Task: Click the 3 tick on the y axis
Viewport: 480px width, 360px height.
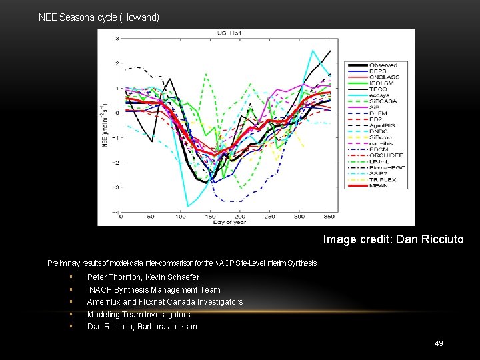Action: coord(117,39)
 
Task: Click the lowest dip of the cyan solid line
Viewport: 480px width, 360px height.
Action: coord(189,205)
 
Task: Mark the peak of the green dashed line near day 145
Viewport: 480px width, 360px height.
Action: coord(205,74)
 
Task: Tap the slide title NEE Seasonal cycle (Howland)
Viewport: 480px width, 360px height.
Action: coord(99,17)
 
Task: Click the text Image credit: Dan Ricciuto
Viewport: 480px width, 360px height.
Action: coord(393,239)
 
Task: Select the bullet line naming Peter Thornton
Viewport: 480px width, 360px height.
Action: coord(143,277)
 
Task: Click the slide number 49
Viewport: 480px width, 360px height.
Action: coord(439,343)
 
